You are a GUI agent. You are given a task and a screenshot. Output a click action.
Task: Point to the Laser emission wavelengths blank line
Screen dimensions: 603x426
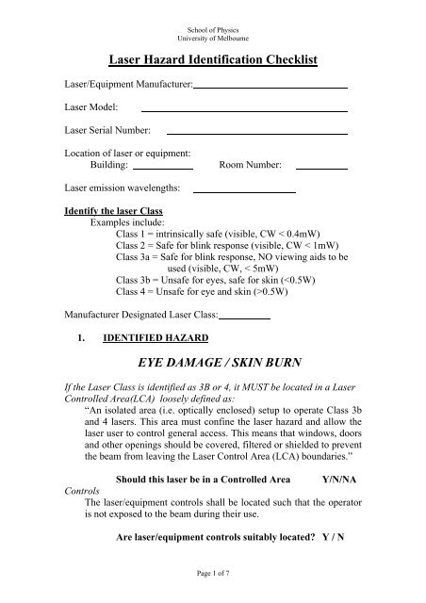(244, 192)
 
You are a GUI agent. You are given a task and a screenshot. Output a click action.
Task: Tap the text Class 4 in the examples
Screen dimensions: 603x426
(134, 292)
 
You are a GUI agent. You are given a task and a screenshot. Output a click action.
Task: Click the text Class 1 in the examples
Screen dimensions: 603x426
(134, 232)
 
